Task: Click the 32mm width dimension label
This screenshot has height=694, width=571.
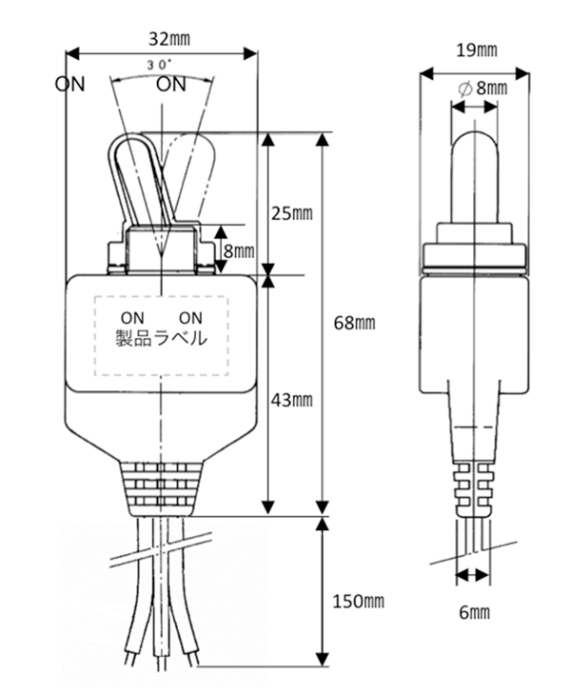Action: click(169, 39)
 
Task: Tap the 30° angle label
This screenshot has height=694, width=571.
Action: click(159, 65)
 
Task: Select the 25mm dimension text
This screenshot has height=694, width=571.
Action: click(291, 214)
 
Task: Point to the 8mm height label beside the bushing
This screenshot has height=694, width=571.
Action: click(239, 251)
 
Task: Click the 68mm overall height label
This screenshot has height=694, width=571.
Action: click(354, 323)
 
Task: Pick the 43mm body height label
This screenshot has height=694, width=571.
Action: click(291, 400)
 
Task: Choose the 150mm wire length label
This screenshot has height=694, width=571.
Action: click(358, 601)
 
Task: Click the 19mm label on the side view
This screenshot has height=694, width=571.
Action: click(477, 50)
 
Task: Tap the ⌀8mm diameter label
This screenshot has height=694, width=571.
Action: click(483, 89)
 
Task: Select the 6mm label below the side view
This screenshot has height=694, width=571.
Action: click(474, 612)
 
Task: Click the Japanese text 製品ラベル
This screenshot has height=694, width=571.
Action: click(161, 338)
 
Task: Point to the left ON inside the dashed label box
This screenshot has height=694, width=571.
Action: click(132, 318)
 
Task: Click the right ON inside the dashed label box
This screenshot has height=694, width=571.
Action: click(190, 318)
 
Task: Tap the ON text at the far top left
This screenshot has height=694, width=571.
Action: click(69, 84)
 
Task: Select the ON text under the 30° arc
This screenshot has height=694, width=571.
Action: click(171, 84)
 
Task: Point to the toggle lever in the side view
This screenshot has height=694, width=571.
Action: click(475, 177)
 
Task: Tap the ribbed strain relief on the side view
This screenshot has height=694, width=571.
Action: click(473, 490)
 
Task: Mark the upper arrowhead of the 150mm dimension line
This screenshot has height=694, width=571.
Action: click(324, 524)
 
